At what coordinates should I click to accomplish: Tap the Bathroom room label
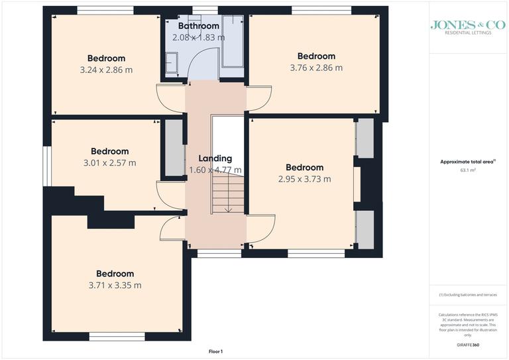pos(198,27)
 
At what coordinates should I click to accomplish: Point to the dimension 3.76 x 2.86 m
pos(316,68)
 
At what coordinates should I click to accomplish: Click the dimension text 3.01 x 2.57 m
pos(109,162)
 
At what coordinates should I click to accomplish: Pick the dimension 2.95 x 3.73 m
pos(304,179)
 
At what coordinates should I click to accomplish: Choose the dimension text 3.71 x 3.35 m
pos(115,285)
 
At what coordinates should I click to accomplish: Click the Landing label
pos(215,158)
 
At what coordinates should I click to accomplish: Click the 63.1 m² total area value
pos(469,170)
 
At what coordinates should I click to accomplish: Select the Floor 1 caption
pos(217,351)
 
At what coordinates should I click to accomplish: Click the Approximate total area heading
pos(467,162)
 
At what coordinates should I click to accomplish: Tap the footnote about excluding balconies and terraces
pos(468,294)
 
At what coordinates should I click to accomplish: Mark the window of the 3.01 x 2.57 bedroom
pos(48,166)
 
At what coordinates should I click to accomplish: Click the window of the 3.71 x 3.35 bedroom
pos(117,336)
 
